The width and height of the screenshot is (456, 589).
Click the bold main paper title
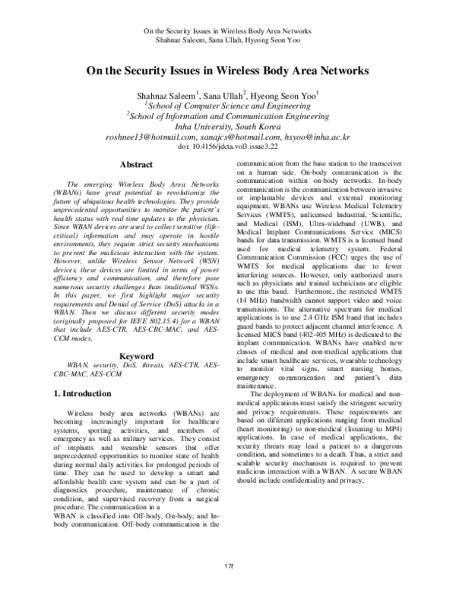[227, 71]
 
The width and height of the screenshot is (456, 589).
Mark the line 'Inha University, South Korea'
[227, 127]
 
